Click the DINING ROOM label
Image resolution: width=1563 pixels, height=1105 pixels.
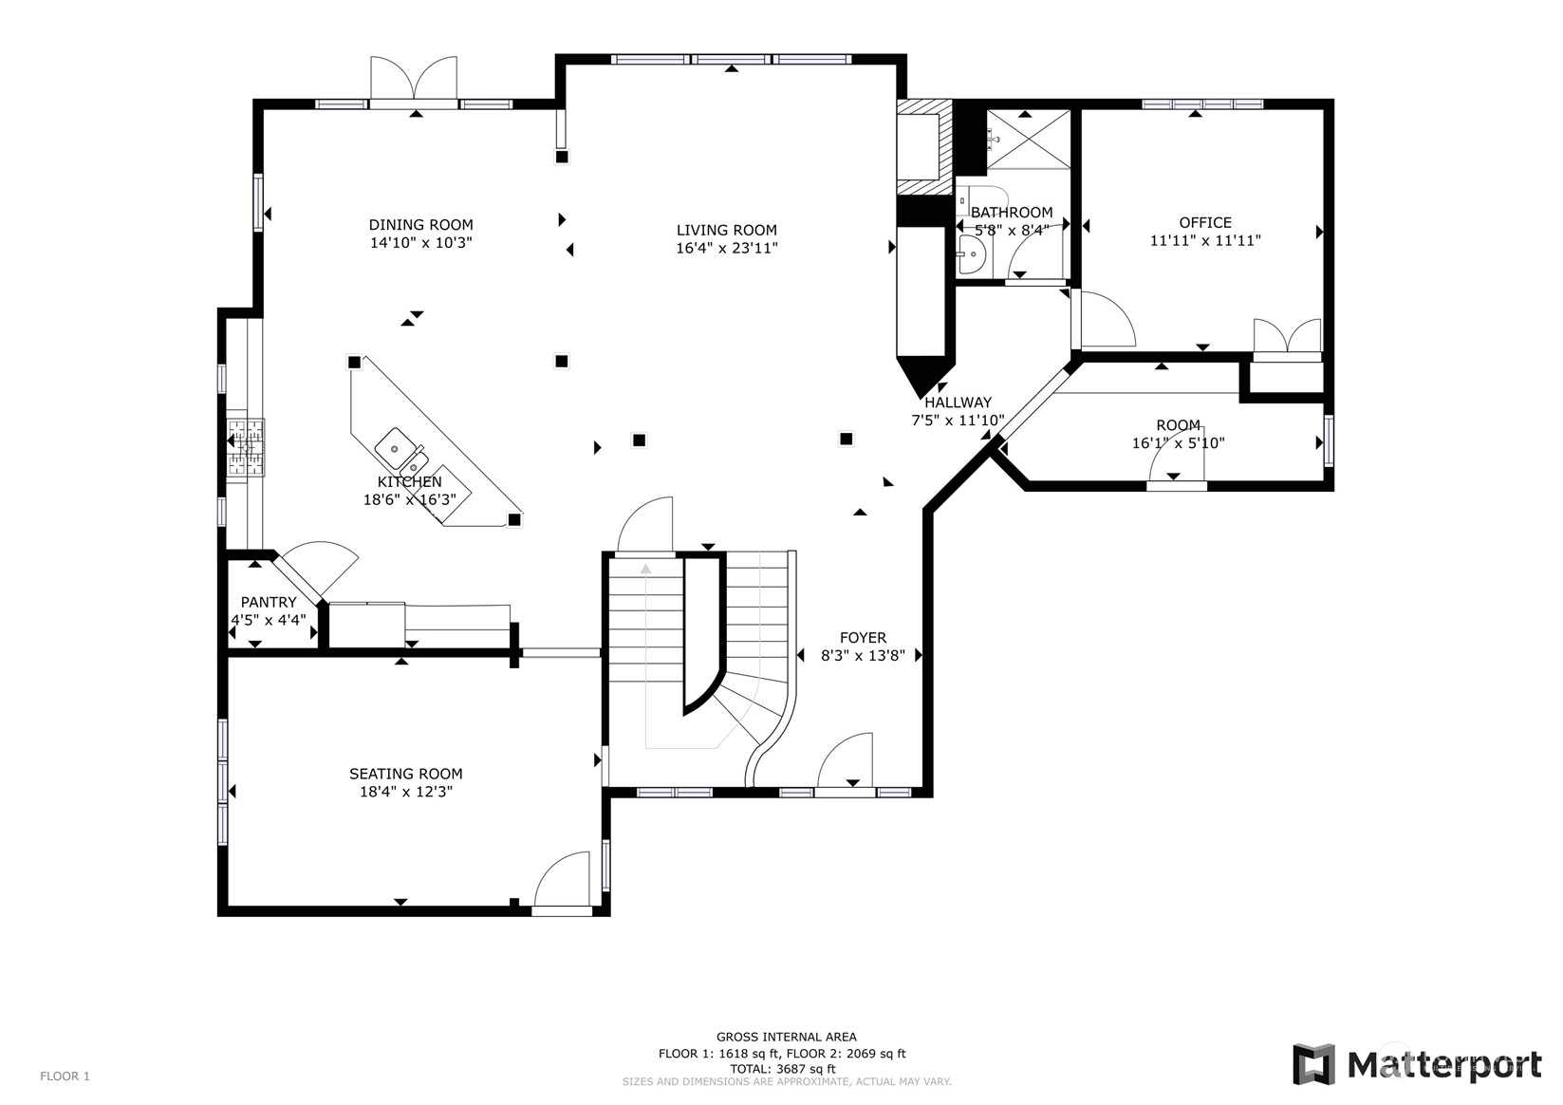click(420, 225)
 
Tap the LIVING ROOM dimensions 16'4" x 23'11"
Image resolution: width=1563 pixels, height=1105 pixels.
click(726, 248)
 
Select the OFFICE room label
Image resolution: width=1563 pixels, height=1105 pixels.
click(1205, 223)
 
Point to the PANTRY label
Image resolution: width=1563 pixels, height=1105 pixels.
click(269, 602)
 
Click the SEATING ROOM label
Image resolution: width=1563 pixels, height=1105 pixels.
click(406, 774)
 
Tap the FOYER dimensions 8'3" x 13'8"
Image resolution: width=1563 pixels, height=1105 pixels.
click(864, 655)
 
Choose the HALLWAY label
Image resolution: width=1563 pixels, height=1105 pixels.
click(958, 403)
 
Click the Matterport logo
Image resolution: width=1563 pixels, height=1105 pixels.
click(1417, 1064)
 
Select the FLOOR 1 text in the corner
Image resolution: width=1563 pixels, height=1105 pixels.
click(65, 1076)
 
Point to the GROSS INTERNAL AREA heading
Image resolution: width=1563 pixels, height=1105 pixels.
click(787, 1038)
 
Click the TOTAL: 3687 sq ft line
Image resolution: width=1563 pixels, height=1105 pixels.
click(782, 1069)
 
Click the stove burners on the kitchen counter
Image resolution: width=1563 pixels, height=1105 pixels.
click(246, 447)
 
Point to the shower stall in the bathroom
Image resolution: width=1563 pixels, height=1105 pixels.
click(1029, 139)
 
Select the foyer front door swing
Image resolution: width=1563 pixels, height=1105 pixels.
click(845, 760)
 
